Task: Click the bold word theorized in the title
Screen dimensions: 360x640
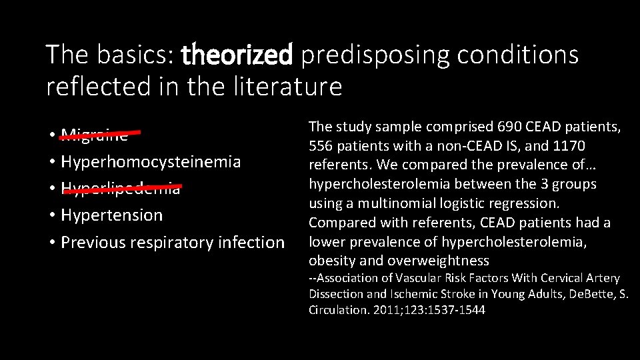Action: [237, 55]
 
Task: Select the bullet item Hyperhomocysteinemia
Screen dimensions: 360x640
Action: [151, 162]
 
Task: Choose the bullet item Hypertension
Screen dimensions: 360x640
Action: [111, 215]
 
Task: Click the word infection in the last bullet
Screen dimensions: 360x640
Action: [255, 242]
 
